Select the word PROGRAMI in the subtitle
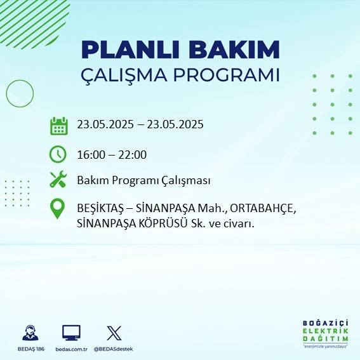point(230,75)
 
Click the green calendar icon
point(58,126)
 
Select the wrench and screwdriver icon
point(58,180)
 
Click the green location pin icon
point(58,209)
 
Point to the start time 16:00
point(90,155)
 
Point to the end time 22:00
point(133,155)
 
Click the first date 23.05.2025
point(105,124)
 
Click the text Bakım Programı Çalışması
point(143,181)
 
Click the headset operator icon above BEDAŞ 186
point(30,333)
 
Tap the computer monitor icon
point(71,333)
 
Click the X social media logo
point(114,333)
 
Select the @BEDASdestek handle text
point(114,349)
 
